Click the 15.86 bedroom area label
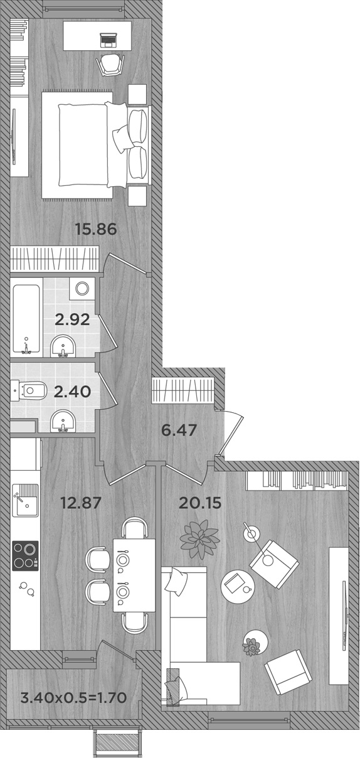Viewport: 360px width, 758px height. [96, 229]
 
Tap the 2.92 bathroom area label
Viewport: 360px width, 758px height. [71, 319]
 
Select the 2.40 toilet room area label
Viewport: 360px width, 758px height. [72, 392]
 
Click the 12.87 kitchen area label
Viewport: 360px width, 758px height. [80, 502]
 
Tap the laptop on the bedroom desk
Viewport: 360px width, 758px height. [109, 40]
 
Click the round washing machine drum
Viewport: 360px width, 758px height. [82, 288]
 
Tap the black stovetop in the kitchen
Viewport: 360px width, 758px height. [25, 555]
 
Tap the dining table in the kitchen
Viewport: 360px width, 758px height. [134, 574]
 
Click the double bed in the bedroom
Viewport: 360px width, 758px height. [94, 144]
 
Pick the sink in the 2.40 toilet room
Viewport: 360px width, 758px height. [63, 421]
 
